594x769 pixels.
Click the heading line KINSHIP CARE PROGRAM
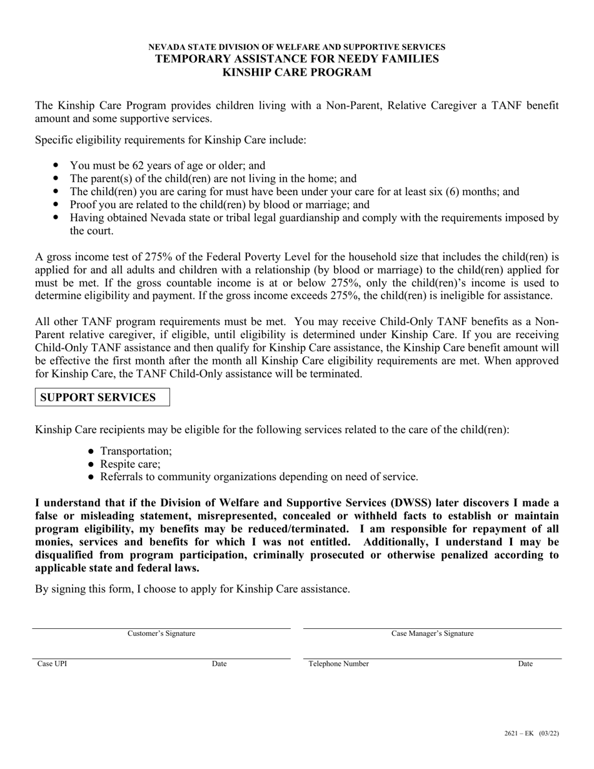point(297,72)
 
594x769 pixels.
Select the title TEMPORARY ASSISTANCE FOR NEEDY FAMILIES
point(297,59)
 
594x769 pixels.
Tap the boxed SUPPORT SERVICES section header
point(98,398)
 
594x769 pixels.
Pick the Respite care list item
point(130,464)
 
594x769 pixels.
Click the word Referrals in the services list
point(122,476)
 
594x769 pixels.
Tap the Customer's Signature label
point(161,633)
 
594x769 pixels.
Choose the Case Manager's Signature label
point(432,633)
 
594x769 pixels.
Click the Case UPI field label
point(52,664)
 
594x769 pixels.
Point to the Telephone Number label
point(338,664)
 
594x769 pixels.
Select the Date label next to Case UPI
point(219,664)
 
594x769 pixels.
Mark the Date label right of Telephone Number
point(525,664)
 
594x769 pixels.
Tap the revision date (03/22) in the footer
point(548,733)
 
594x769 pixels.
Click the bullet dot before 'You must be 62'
point(56,166)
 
